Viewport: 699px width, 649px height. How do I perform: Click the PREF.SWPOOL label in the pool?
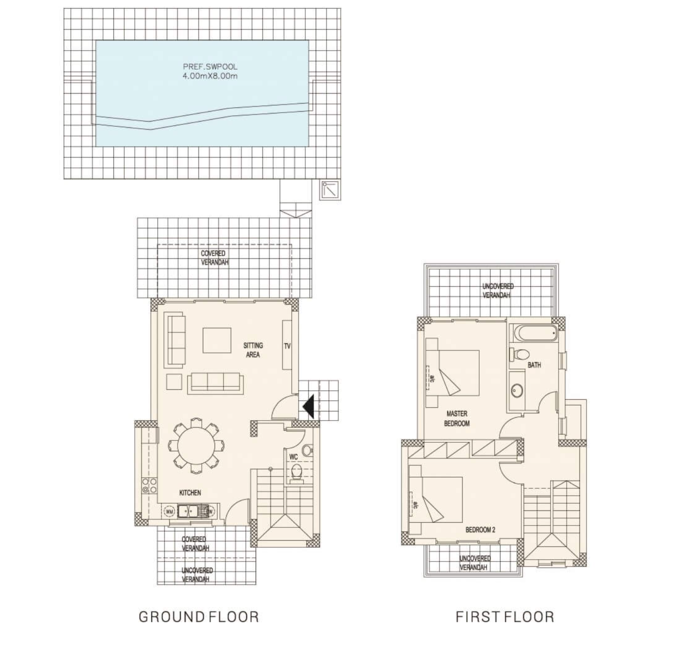[x=210, y=67]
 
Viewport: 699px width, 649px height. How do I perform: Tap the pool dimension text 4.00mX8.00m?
[x=210, y=76]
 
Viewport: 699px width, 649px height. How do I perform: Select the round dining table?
[x=196, y=446]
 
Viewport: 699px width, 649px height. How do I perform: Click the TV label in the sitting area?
[x=287, y=346]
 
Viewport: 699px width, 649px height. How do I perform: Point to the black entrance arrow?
[x=308, y=407]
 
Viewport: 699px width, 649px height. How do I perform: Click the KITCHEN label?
[x=190, y=492]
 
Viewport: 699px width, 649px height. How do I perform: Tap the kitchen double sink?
[x=188, y=511]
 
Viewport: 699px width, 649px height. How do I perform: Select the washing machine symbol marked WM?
[x=170, y=511]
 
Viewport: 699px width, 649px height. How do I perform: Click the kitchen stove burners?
[x=150, y=485]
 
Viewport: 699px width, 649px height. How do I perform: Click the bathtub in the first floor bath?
[x=535, y=333]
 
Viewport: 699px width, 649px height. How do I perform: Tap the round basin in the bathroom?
[x=517, y=391]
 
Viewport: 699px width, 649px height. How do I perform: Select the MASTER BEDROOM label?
[x=457, y=418]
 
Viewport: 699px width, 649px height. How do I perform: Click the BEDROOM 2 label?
[x=481, y=529]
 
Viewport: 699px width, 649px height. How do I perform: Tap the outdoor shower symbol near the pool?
[x=330, y=190]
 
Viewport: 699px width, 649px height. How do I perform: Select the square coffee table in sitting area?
[x=217, y=341]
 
